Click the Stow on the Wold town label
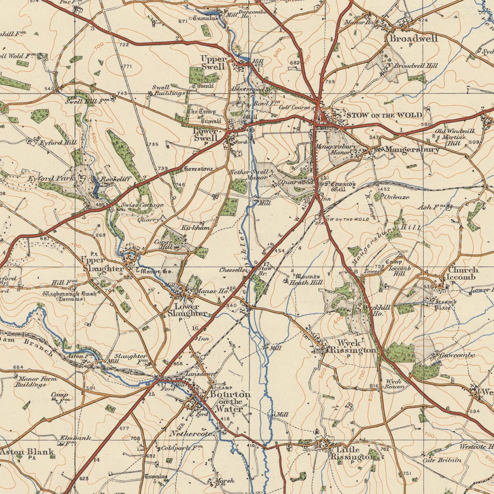pos(384,115)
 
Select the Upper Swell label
pos(213,62)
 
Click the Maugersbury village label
pos(412,149)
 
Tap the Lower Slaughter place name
pos(190,310)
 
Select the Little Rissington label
pos(352,452)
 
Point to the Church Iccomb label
pos(463,273)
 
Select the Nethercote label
pos(190,433)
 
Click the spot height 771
pos(127,66)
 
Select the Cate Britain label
pos(441,460)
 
